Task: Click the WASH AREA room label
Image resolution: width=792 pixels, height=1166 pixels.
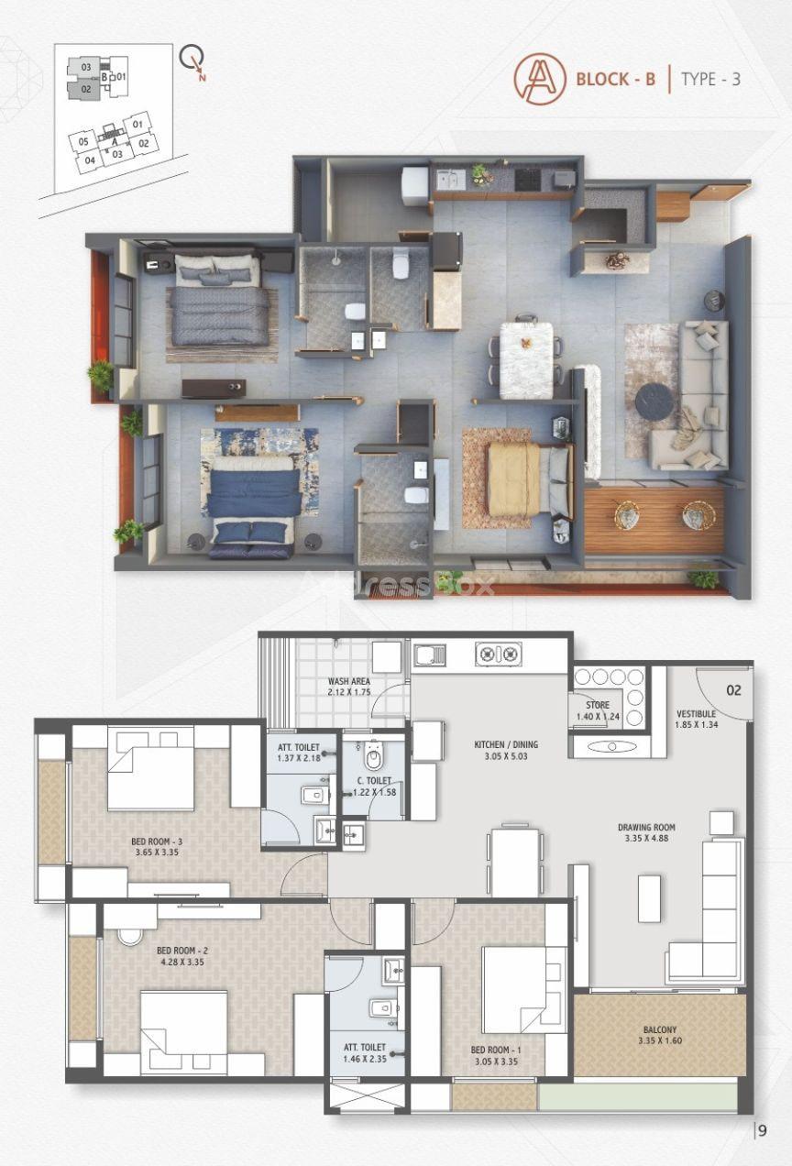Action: [x=349, y=681]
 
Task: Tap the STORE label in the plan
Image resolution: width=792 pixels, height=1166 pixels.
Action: [x=598, y=705]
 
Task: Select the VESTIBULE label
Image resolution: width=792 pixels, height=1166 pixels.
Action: [x=697, y=714]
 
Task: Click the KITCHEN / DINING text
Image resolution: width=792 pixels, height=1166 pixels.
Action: [x=506, y=744]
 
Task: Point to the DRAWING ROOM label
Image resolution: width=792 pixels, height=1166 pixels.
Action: [x=646, y=827]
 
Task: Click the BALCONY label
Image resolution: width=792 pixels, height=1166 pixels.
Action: [x=660, y=1029]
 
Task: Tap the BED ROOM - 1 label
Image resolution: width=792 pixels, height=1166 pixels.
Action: [x=496, y=1050]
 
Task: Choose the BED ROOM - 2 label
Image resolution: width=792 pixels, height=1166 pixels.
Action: [x=182, y=951]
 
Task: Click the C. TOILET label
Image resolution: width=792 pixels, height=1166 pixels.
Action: [x=374, y=781]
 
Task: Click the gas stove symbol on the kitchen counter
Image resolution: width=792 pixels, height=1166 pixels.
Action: [x=499, y=654]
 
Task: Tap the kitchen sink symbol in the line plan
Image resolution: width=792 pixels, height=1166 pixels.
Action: [x=430, y=655]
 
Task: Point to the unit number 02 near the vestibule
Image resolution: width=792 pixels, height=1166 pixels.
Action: [x=733, y=690]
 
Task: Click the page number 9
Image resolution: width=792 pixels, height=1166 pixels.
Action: [x=763, y=1130]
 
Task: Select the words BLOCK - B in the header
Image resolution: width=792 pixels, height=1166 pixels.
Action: [x=616, y=79]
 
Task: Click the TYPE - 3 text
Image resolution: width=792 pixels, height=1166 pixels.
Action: [x=710, y=79]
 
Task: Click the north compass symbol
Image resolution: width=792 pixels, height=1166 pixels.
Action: [x=193, y=61]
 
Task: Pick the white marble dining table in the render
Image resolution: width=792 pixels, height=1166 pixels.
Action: [x=526, y=360]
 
